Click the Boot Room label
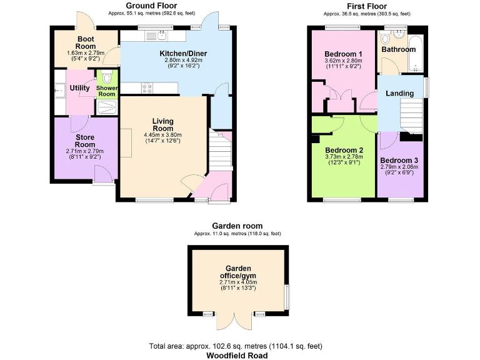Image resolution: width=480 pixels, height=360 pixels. click(85, 42)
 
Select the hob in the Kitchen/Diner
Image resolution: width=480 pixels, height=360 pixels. click(148, 89)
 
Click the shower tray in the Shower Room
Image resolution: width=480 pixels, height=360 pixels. click(107, 107)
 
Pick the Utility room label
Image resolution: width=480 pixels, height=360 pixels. click(79, 88)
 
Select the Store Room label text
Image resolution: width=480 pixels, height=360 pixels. click(85, 141)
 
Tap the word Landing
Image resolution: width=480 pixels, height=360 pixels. click(399, 93)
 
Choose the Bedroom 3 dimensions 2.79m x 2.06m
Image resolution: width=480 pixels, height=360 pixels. click(400, 167)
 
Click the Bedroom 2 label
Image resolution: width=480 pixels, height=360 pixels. click(344, 150)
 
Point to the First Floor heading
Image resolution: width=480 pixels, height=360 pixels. click(367, 6)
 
